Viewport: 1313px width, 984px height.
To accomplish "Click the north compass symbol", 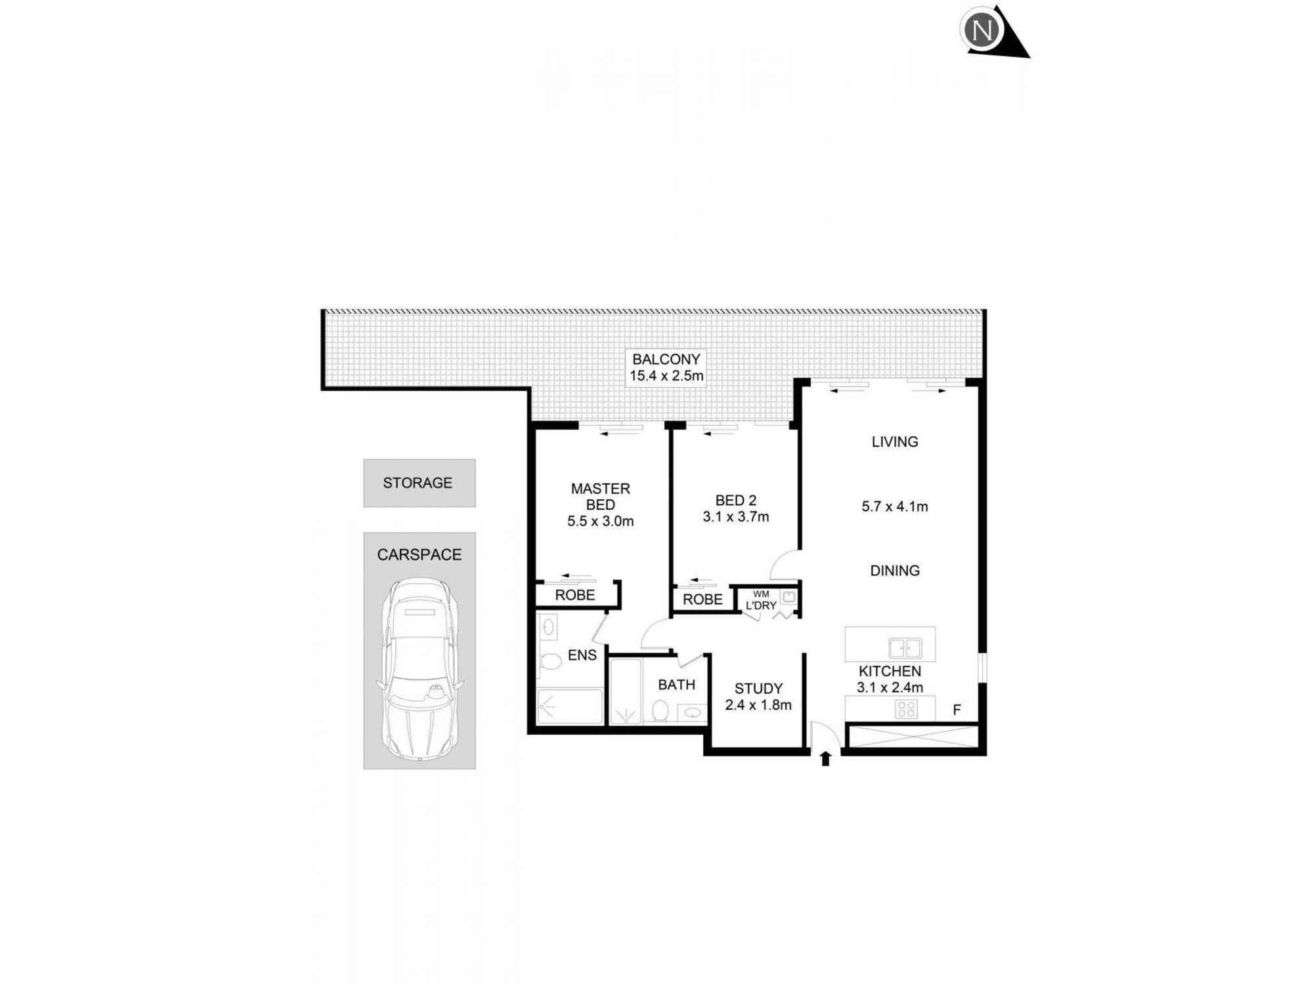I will [x=983, y=30].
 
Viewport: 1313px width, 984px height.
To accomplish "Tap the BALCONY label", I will [x=666, y=359].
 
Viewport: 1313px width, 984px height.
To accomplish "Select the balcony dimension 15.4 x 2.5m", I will [x=666, y=377].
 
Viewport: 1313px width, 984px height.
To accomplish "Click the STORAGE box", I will [x=419, y=483].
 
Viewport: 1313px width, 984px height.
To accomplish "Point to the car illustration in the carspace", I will [x=420, y=669].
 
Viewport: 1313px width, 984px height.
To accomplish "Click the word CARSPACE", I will [x=419, y=555].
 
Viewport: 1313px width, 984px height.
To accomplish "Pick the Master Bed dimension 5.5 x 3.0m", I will [x=600, y=522].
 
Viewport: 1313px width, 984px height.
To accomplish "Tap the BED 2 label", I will [x=735, y=501].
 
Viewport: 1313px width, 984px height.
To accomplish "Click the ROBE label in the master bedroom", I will [x=574, y=595].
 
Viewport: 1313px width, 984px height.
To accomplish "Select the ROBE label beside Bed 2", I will [x=702, y=600].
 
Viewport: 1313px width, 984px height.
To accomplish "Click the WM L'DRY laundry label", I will [x=761, y=600].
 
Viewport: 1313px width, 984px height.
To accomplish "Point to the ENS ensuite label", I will [x=582, y=655].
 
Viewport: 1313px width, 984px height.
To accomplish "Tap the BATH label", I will [x=676, y=685].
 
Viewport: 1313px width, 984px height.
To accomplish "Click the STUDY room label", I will [x=758, y=689].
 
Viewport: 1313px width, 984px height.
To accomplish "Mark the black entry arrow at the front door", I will [x=825, y=759].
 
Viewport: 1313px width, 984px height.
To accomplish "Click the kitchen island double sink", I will [x=905, y=648].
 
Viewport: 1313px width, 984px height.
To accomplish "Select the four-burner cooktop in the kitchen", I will [x=906, y=709].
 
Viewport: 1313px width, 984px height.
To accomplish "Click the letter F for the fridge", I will [x=957, y=710].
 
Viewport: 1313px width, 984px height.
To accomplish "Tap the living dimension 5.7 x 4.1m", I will [x=894, y=506].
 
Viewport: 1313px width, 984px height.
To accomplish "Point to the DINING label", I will [x=894, y=571].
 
